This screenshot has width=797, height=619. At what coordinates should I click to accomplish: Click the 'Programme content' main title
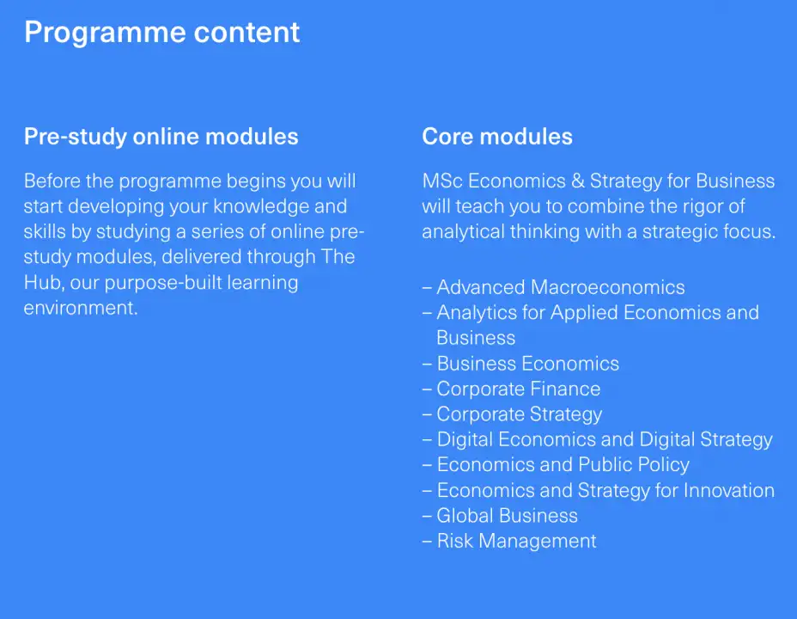pyautogui.click(x=162, y=33)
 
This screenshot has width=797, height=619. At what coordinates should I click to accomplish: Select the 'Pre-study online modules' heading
pyautogui.click(x=161, y=137)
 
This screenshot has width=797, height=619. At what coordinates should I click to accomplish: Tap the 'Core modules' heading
pyautogui.click(x=497, y=137)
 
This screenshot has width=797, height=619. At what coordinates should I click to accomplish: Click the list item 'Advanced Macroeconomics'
pyautogui.click(x=561, y=287)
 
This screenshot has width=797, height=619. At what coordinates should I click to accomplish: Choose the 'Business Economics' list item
pyautogui.click(x=527, y=364)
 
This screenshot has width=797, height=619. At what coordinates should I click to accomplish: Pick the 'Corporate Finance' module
pyautogui.click(x=519, y=389)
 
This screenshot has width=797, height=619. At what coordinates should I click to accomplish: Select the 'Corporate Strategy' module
pyautogui.click(x=520, y=415)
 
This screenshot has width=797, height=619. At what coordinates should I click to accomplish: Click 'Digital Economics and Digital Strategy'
pyautogui.click(x=605, y=440)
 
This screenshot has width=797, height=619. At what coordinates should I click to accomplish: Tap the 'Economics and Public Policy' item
pyautogui.click(x=563, y=465)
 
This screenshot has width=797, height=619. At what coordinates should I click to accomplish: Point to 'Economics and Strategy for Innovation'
pyautogui.click(x=605, y=491)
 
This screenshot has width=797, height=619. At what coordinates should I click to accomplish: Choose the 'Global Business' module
pyautogui.click(x=508, y=516)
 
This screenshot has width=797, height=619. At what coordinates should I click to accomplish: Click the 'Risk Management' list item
pyautogui.click(x=516, y=542)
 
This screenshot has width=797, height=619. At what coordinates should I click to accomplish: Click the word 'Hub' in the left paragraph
pyautogui.click(x=42, y=282)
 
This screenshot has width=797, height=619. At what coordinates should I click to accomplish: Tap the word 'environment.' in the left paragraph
pyautogui.click(x=81, y=308)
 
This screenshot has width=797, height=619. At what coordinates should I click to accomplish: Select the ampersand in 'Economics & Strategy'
pyautogui.click(x=577, y=181)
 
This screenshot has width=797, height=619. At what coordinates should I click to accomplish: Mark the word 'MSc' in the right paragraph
pyautogui.click(x=442, y=181)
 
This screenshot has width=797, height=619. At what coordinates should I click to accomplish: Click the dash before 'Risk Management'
pyautogui.click(x=427, y=542)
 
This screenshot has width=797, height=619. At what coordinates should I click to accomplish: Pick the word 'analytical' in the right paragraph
pyautogui.click(x=463, y=232)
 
